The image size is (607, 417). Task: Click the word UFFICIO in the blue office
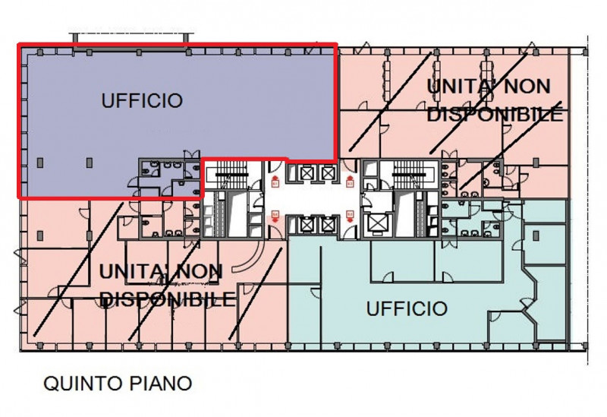(142, 100)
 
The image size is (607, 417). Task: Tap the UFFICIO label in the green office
(406, 309)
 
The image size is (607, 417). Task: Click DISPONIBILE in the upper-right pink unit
(495, 114)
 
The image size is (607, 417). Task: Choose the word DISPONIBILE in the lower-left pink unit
(167, 299)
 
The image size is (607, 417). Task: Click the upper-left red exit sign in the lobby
(275, 181)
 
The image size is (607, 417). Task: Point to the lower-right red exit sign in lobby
(350, 216)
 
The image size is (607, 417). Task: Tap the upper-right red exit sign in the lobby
(350, 181)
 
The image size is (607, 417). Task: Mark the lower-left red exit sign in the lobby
(275, 216)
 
